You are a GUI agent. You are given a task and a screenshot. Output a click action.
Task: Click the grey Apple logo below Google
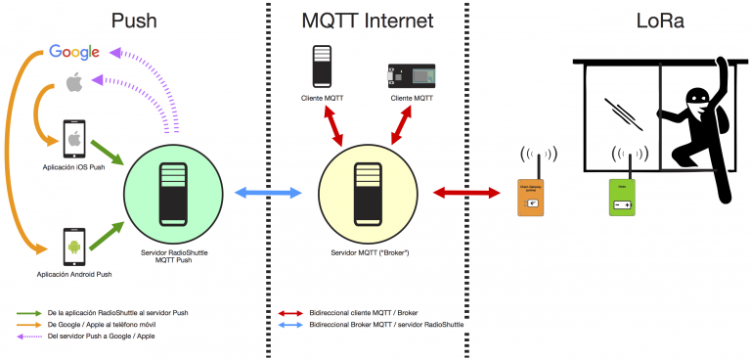pos(73,84)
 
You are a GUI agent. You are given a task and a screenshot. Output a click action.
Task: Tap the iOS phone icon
pos(73,138)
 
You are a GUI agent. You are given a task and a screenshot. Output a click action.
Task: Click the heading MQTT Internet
pos(368,21)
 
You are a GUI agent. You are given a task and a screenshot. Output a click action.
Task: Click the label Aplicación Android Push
pos(73,277)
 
